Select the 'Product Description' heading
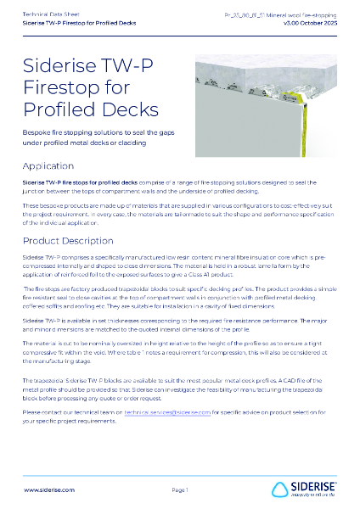pyautogui.click(x=68, y=241)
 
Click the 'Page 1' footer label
pyautogui.click(x=180, y=490)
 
